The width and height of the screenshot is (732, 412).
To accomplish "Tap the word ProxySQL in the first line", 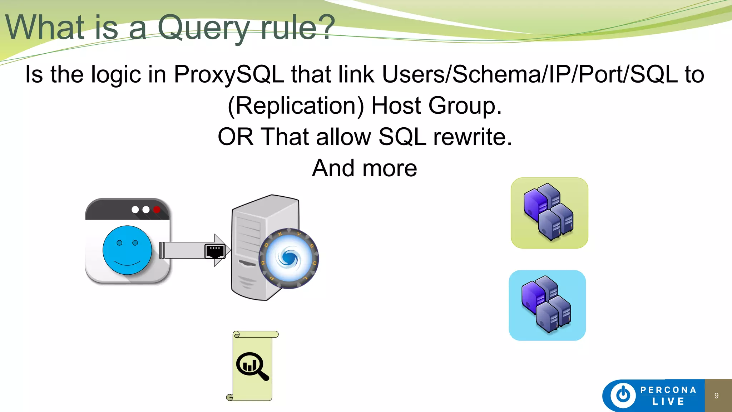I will click(x=229, y=74).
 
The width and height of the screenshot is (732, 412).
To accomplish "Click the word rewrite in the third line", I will click(x=473, y=137).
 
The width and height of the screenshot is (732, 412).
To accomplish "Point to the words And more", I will click(x=364, y=168).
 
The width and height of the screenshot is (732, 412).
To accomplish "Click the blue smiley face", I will click(x=127, y=250).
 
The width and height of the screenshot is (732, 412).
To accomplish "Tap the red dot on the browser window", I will click(x=157, y=210).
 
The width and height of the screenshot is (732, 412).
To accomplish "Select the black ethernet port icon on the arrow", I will click(x=214, y=251).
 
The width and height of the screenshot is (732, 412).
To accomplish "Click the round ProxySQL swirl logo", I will click(x=289, y=258).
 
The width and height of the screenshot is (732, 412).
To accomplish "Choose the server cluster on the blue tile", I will click(x=547, y=304).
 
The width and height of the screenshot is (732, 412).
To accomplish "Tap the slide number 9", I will click(x=716, y=396).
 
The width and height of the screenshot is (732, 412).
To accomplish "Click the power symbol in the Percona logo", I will click(x=623, y=395).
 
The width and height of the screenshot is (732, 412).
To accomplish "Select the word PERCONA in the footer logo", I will click(x=668, y=390).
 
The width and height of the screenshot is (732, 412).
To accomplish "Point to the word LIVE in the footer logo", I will click(x=668, y=402).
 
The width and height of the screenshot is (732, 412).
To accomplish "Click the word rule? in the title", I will click(x=297, y=28).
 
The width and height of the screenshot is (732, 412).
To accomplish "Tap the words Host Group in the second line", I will click(x=436, y=106).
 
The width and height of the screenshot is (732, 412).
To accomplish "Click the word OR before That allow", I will click(x=236, y=137).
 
